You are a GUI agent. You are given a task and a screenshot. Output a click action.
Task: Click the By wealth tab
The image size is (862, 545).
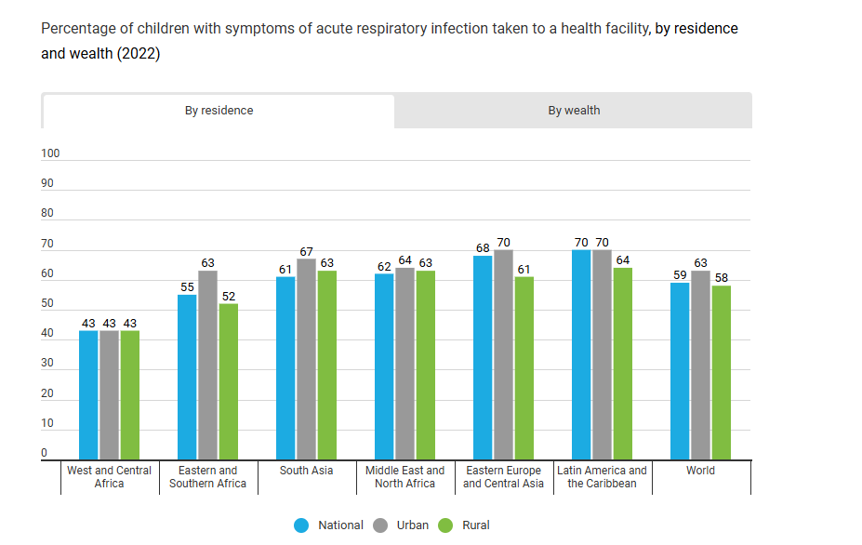(574, 111)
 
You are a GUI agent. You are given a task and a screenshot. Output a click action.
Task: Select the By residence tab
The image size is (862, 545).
(219, 111)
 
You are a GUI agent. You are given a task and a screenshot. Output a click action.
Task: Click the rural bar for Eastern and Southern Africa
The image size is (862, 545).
(228, 381)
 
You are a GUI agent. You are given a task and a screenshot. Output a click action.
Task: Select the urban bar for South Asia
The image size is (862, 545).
(306, 359)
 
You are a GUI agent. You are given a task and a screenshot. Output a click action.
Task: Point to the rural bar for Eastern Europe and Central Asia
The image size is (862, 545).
(524, 367)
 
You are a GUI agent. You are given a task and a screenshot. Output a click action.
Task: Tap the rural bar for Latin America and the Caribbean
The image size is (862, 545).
(622, 364)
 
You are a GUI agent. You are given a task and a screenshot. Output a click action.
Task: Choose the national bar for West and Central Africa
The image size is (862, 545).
(88, 394)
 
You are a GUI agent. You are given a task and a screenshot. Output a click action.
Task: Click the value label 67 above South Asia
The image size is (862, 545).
(306, 252)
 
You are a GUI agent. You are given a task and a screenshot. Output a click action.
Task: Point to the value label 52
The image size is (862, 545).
(228, 297)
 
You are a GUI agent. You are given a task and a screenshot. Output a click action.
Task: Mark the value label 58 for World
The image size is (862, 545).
(721, 278)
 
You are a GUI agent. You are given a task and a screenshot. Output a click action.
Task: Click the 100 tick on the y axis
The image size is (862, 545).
(50, 153)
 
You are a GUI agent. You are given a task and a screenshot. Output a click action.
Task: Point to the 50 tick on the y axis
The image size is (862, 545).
(47, 304)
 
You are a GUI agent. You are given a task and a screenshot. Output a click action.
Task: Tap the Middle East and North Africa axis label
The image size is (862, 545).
(404, 477)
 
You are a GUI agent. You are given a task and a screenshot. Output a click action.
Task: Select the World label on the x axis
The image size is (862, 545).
(700, 471)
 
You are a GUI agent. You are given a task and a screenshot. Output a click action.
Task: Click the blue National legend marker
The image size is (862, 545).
(301, 525)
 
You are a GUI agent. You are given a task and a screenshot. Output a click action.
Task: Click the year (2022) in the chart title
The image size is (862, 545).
(138, 54)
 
